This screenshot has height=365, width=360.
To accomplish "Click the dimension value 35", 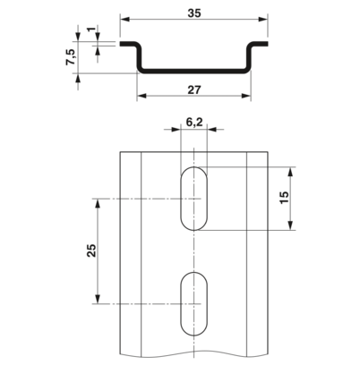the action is point(194,13).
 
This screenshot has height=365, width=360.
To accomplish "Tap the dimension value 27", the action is point(194,90).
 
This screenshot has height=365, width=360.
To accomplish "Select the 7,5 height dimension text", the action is point(71,57).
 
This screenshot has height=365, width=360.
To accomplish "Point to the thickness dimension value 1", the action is point(92,30).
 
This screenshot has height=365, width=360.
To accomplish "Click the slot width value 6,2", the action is point(194,122).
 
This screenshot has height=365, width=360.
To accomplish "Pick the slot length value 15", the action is point(284,197).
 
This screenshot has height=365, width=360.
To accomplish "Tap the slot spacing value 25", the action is point(91,250).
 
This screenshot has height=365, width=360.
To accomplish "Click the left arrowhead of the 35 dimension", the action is point(124,19).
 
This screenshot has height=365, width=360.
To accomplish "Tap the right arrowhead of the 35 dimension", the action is point(263,19).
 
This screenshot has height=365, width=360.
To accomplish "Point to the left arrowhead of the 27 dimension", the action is point(141,96).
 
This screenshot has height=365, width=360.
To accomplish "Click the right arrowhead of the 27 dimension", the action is point(246,96).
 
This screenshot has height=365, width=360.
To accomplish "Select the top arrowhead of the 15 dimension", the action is point(291,172).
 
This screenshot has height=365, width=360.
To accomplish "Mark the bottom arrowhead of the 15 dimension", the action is point(291,225).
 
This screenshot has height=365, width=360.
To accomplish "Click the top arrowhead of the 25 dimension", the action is point(98,203).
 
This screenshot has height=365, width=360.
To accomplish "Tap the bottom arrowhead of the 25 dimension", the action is point(98,299).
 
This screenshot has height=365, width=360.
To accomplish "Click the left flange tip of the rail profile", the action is point(121,44).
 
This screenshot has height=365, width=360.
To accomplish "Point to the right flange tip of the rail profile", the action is point(267,44).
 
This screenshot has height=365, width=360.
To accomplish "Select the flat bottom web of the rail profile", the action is point(194,71).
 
